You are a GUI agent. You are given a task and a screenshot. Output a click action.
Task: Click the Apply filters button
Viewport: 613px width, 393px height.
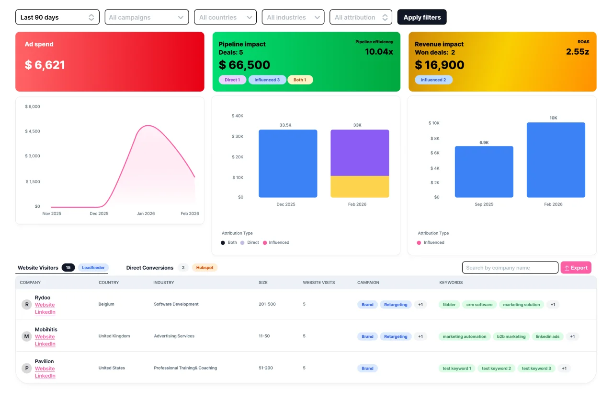pyautogui.click(x=422, y=17)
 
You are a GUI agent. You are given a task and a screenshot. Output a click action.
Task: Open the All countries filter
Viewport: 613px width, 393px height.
pyautogui.click(x=225, y=17)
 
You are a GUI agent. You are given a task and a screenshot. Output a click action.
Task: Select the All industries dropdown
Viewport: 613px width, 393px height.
pyautogui.click(x=293, y=17)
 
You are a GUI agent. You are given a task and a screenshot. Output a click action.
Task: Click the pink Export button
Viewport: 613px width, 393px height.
pyautogui.click(x=576, y=268)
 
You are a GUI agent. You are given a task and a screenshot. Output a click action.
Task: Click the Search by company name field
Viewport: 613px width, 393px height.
pyautogui.click(x=510, y=268)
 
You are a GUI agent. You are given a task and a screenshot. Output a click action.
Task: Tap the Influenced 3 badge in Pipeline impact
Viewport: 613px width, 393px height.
pyautogui.click(x=267, y=80)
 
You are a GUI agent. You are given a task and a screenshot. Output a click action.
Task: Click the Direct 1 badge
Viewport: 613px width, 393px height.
pyautogui.click(x=232, y=80)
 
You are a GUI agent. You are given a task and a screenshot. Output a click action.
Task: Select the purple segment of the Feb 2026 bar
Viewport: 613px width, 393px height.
pyautogui.click(x=360, y=153)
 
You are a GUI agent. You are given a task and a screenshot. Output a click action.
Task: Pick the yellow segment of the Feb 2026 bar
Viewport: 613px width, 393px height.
pyautogui.click(x=360, y=187)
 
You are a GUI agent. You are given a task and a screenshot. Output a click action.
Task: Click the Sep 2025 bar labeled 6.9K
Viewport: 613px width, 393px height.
pyautogui.click(x=484, y=172)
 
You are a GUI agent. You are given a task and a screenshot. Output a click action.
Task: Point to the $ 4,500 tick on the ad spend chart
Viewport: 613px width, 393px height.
pyautogui.click(x=33, y=131)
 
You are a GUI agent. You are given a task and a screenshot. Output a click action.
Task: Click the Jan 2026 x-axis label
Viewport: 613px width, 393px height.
pyautogui.click(x=146, y=214)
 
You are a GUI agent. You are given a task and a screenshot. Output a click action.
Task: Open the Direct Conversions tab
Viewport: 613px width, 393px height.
pyautogui.click(x=149, y=268)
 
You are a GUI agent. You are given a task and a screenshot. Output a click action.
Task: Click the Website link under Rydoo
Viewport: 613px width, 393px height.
pyautogui.click(x=45, y=305)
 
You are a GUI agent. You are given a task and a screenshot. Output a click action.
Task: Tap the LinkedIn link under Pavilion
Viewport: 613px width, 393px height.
pyautogui.click(x=45, y=376)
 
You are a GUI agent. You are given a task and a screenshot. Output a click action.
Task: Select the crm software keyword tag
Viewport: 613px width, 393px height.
pyautogui.click(x=479, y=305)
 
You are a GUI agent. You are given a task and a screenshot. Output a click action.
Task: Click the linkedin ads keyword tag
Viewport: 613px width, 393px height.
pyautogui.click(x=547, y=336)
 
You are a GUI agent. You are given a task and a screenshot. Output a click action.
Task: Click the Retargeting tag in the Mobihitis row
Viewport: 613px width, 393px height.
pyautogui.click(x=396, y=336)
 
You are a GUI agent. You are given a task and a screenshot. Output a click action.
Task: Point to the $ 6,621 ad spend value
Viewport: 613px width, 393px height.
pyautogui.click(x=45, y=65)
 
